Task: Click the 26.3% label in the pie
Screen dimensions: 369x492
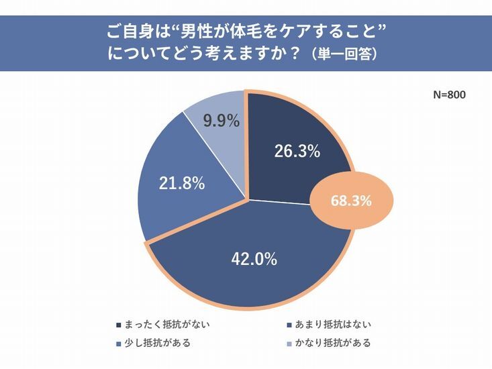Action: click(x=296, y=152)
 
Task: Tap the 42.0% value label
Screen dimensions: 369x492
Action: click(x=254, y=260)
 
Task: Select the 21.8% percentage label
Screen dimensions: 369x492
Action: click(x=181, y=183)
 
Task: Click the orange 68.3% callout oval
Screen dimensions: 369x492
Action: click(x=352, y=200)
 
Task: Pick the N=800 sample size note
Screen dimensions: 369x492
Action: click(x=448, y=95)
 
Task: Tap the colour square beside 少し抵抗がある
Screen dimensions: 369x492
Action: click(x=119, y=344)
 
